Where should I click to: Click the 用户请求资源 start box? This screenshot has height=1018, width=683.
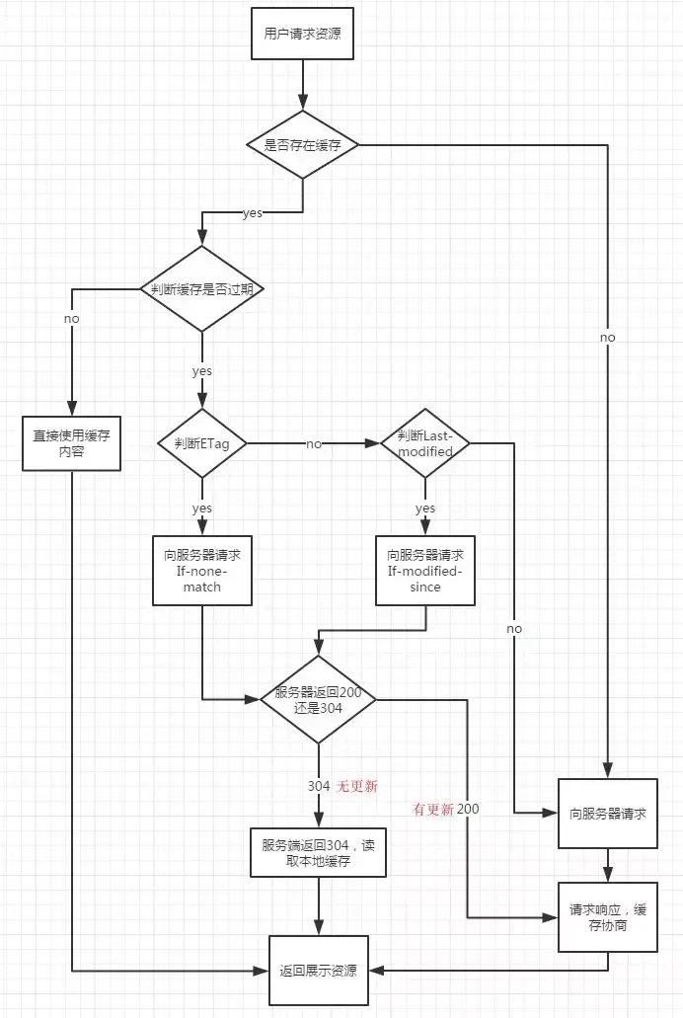click(x=301, y=33)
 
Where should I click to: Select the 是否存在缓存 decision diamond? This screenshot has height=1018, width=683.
click(x=301, y=145)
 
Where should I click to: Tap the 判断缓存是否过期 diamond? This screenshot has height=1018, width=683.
click(x=202, y=288)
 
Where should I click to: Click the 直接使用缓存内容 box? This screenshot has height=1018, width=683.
click(x=71, y=443)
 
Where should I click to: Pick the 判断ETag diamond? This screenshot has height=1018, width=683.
click(x=202, y=443)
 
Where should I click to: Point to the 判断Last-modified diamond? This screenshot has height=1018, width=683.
click(x=425, y=443)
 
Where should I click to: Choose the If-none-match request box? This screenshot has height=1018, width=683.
click(x=201, y=571)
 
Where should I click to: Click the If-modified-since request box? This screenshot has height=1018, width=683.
click(x=425, y=571)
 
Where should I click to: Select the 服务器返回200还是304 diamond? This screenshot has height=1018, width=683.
click(x=318, y=701)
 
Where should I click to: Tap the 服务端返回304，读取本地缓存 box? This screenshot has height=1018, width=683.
click(x=318, y=851)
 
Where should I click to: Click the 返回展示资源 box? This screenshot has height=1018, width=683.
click(x=318, y=970)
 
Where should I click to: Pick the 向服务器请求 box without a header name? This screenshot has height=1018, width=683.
click(x=608, y=814)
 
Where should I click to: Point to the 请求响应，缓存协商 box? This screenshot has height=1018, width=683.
click(x=608, y=918)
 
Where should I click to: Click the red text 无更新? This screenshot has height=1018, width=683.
click(x=357, y=786)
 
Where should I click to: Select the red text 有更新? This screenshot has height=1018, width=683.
click(x=433, y=809)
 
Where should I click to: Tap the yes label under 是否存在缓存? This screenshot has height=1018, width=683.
click(x=253, y=213)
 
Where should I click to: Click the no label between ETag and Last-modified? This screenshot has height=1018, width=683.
click(x=314, y=444)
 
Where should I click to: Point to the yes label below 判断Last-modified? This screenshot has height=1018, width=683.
click(x=425, y=509)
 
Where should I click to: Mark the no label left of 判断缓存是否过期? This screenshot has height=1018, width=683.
click(x=71, y=319)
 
